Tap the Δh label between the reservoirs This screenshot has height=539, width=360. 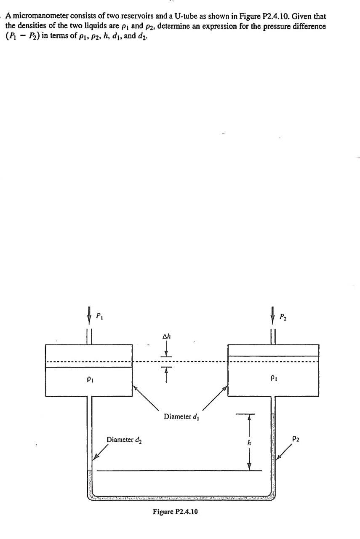pos(167,336)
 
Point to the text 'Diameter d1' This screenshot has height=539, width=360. pos(181,417)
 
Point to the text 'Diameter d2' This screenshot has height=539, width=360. pos(124,440)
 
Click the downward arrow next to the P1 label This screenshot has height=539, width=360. pos(89,315)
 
